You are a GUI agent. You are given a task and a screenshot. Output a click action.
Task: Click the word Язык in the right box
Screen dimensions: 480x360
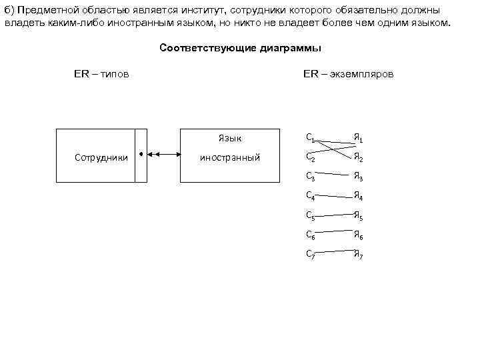point(230,139)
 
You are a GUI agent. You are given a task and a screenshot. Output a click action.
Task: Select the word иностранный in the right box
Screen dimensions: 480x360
point(230,158)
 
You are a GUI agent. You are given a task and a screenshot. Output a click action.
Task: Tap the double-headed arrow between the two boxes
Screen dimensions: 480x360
point(164,155)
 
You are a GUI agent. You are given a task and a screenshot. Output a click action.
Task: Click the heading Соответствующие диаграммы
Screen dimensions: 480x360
point(240,48)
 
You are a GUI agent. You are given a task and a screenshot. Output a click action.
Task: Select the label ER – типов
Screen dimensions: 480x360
point(101,73)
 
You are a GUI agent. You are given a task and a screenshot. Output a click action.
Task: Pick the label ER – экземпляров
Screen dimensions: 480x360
point(348,73)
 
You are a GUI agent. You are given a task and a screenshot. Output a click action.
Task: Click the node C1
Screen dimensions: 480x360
point(310,138)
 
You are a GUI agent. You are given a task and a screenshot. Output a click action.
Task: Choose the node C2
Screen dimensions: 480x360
point(310,157)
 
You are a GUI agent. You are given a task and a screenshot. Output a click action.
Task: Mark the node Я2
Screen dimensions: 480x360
point(358,158)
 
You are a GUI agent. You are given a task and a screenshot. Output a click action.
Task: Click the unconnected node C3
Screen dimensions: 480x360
point(310,177)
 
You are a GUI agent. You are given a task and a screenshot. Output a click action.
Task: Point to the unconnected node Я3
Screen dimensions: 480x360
point(358,177)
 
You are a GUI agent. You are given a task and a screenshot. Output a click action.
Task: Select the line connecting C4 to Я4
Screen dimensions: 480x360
point(334,197)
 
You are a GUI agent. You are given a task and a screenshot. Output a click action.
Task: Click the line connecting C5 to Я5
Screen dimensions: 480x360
point(334,216)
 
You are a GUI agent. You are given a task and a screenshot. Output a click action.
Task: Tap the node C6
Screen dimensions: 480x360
point(310,235)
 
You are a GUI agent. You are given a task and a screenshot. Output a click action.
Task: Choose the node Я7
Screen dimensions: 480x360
point(358,254)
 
